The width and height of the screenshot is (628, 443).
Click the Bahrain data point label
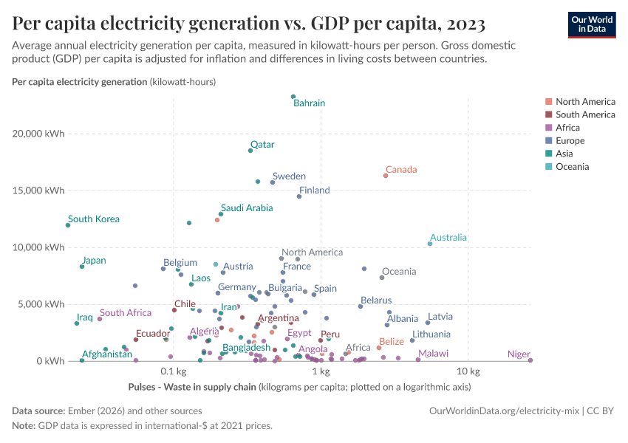point(309,103)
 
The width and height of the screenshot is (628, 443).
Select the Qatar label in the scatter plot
point(262,145)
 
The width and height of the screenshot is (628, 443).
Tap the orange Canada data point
point(386,176)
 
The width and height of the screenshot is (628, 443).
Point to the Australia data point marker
point(430,244)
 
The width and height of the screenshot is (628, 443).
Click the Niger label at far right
point(519,354)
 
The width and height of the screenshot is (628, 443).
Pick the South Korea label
point(93,219)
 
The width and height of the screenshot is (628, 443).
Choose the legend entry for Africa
point(568,128)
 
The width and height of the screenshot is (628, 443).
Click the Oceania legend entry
point(572,167)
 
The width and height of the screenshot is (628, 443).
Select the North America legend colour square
point(548,102)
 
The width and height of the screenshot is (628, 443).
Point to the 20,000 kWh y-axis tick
point(38,134)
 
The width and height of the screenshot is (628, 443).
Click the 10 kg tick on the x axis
point(464,371)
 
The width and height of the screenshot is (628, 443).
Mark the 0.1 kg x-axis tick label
point(172,371)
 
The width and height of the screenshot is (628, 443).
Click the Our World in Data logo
point(592,24)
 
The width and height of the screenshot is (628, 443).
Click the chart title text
point(248,24)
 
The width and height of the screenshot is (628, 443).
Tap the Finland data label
point(315,190)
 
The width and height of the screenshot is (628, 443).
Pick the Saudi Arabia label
point(247,208)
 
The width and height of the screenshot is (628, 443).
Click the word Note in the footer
point(24,425)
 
